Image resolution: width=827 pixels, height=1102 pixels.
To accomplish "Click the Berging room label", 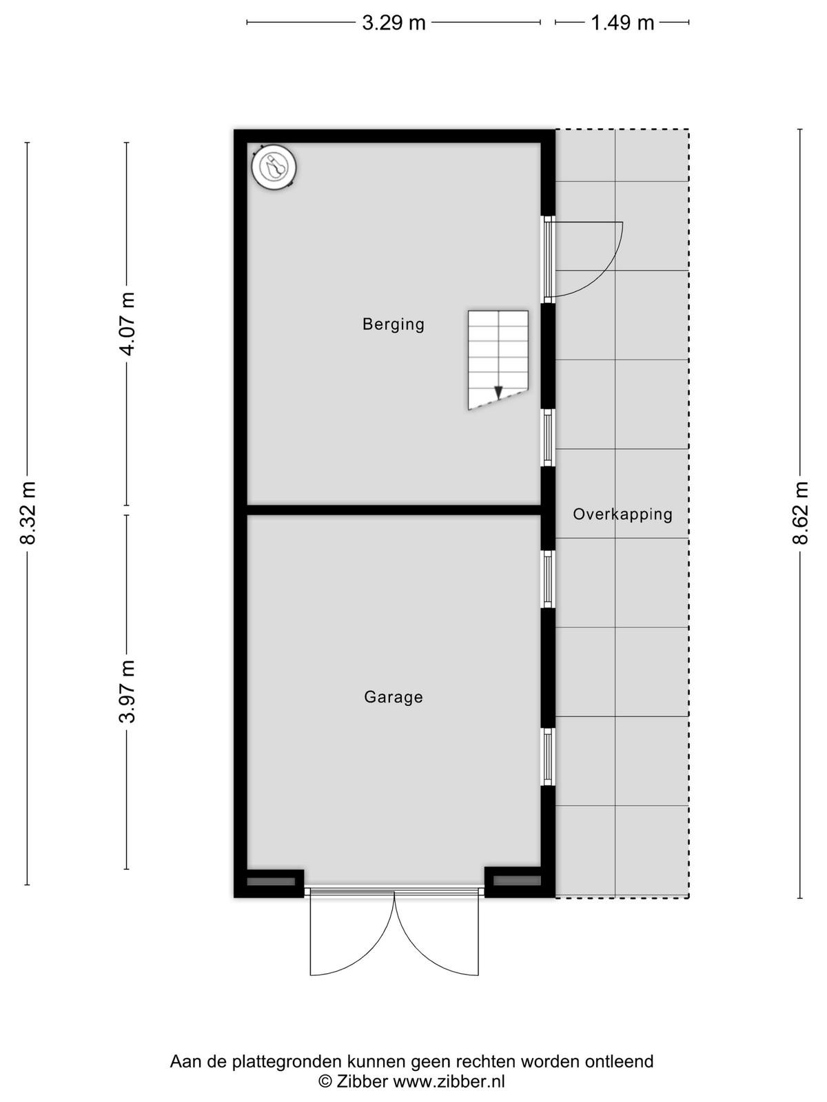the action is pyautogui.click(x=393, y=324).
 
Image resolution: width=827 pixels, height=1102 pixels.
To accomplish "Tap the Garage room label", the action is pyautogui.click(x=393, y=697).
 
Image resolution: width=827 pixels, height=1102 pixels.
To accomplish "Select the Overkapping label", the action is pyautogui.click(x=622, y=514).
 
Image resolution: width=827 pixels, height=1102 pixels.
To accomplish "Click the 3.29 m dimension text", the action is pyautogui.click(x=394, y=23).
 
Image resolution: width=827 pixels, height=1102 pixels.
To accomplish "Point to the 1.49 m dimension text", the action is pyautogui.click(x=622, y=23).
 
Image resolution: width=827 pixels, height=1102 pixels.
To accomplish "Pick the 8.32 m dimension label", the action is pyautogui.click(x=28, y=512).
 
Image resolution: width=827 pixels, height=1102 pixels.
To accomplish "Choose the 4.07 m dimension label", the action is pyautogui.click(x=127, y=324).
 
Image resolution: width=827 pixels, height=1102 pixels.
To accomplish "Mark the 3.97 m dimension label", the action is pyautogui.click(x=127, y=692).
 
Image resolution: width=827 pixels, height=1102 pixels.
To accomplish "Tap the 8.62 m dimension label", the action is pyautogui.click(x=800, y=512).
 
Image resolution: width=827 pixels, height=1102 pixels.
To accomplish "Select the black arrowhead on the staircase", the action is pyautogui.click(x=498, y=392).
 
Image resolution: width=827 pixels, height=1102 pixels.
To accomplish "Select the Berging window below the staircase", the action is pyautogui.click(x=548, y=437).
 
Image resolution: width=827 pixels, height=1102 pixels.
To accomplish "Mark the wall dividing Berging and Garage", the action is pyautogui.click(x=394, y=510).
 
